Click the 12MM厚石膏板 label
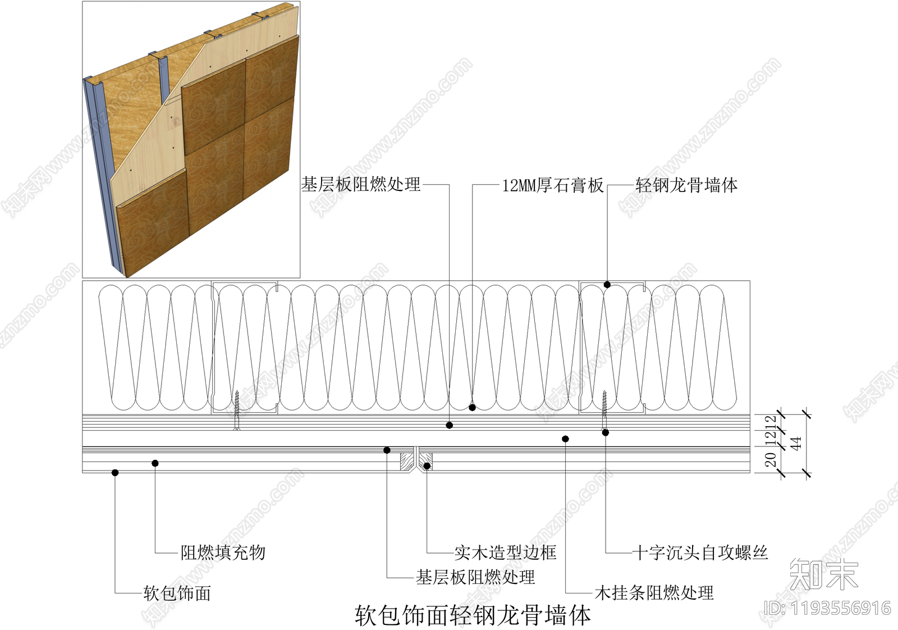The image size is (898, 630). (552, 185)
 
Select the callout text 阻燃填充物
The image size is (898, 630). (223, 553)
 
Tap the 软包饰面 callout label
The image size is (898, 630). (177, 593)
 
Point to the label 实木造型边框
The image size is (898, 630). (505, 553)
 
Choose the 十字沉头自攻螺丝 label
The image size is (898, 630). (700, 553)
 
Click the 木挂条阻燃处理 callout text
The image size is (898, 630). (654, 593)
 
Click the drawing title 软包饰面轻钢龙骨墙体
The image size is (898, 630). (473, 616)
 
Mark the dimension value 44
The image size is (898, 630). (796, 443)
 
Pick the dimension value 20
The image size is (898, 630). (771, 460)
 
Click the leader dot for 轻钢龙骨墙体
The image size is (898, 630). (607, 285)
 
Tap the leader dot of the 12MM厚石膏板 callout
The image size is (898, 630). (473, 407)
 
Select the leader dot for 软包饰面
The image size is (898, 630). (115, 473)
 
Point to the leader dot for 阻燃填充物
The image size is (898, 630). (155, 463)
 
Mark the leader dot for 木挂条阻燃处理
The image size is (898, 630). (565, 439)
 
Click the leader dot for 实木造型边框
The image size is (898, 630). (427, 466)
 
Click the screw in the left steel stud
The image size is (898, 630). (237, 410)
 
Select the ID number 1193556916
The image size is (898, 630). (828, 608)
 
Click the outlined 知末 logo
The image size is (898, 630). (823, 574)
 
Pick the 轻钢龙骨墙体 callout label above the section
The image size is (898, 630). (686, 185)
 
